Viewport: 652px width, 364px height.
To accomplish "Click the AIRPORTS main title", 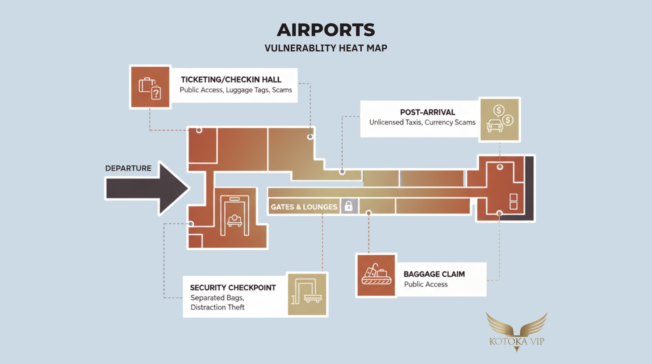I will pyautogui.click(x=326, y=30).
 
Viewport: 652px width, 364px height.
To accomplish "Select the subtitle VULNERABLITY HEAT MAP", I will pyautogui.click(x=326, y=48).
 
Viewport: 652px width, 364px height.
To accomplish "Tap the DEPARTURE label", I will pyautogui.click(x=128, y=168).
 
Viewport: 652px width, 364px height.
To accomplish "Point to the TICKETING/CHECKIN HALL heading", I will pyautogui.click(x=231, y=80).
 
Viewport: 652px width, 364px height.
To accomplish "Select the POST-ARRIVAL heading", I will pyautogui.click(x=428, y=112).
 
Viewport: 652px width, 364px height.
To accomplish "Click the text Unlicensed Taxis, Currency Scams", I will pyautogui.click(x=422, y=123).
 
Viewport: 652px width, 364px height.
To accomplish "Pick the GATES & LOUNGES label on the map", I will pyautogui.click(x=304, y=207).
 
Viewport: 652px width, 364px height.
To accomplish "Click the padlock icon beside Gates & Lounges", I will pyautogui.click(x=349, y=206).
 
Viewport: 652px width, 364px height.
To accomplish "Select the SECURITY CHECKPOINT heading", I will pyautogui.click(x=233, y=288).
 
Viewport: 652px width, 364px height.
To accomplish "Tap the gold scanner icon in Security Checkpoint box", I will pyautogui.click(x=307, y=294).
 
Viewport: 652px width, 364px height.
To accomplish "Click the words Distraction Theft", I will pyautogui.click(x=218, y=307).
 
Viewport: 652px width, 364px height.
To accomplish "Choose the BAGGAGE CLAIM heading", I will pyautogui.click(x=434, y=274).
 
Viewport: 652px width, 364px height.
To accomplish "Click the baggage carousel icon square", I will pyautogui.click(x=376, y=275).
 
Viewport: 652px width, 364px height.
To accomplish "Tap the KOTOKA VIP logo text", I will pyautogui.click(x=517, y=342).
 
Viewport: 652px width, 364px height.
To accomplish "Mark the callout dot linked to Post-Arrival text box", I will pyautogui.click(x=342, y=172).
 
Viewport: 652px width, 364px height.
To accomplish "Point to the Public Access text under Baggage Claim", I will pyautogui.click(x=426, y=285).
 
